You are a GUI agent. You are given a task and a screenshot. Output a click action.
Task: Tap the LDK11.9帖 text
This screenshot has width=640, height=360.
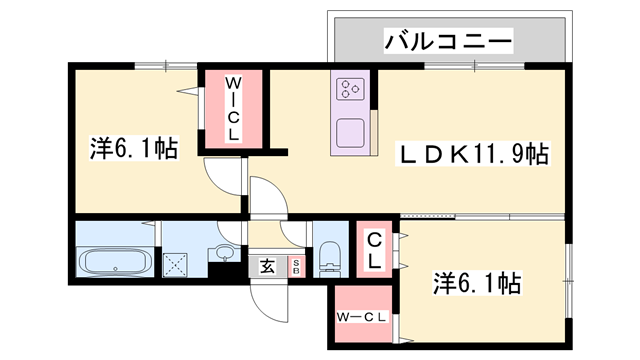click(476, 155)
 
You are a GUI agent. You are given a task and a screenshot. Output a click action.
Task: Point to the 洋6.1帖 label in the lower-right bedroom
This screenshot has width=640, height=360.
click(476, 282)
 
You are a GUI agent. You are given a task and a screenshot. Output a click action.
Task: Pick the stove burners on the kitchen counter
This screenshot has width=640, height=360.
click(351, 89)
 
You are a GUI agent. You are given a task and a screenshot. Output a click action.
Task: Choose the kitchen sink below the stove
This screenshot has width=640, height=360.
click(351, 132)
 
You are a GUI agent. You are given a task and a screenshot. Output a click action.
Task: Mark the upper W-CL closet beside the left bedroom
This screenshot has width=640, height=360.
click(233, 108)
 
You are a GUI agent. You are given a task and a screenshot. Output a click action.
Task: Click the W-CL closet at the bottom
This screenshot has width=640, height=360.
click(361, 318)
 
